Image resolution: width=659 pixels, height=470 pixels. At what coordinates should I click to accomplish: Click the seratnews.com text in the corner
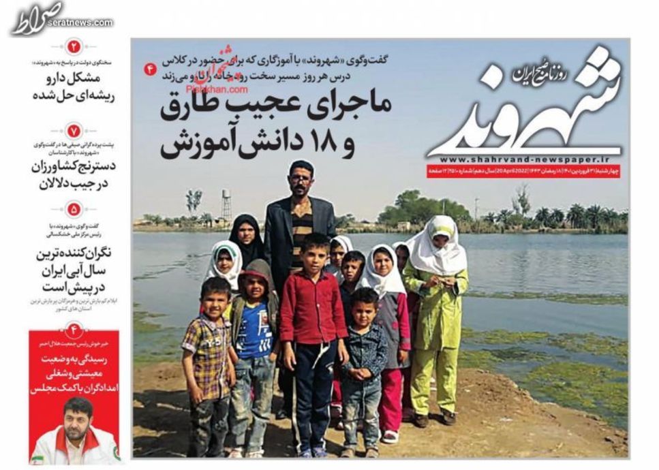point(85,22)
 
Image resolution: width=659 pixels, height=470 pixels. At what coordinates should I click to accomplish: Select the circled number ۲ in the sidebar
point(74,47)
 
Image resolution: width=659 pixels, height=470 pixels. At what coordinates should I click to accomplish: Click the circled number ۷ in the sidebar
point(74,129)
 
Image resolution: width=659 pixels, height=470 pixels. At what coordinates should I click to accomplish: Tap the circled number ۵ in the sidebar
point(74,209)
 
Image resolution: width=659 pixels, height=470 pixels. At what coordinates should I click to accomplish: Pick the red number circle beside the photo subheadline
point(151,69)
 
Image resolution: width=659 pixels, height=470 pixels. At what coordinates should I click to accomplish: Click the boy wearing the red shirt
point(313,313)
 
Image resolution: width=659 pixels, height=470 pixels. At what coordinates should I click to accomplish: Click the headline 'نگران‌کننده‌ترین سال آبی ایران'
point(74,262)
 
